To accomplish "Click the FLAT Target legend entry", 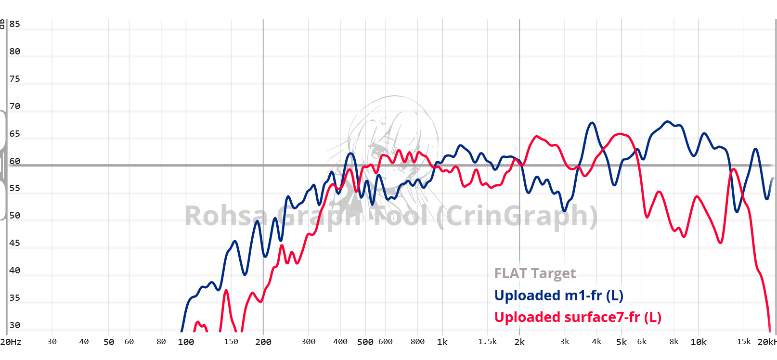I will (535, 273).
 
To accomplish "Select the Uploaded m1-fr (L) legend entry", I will (558, 296).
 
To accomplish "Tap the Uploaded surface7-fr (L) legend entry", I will (578, 317).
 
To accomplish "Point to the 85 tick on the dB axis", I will (15, 24).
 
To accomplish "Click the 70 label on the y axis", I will (15, 106).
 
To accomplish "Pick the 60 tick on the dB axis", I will (15, 161).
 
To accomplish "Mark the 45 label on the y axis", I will (15, 243).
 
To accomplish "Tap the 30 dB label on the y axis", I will (15, 325).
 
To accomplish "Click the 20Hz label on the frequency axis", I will (11, 342).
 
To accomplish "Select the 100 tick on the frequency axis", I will (186, 342).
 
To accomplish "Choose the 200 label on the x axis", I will (263, 342).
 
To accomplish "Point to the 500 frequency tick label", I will (365, 342).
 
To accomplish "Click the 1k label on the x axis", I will (442, 342).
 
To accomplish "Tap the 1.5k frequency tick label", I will (487, 342).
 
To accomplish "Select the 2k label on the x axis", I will (519, 342).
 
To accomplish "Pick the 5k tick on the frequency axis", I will (622, 342).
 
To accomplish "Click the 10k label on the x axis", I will (699, 342).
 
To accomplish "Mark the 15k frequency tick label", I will (744, 342).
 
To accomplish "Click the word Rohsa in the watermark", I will (226, 216).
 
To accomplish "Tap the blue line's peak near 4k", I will (593, 123).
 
